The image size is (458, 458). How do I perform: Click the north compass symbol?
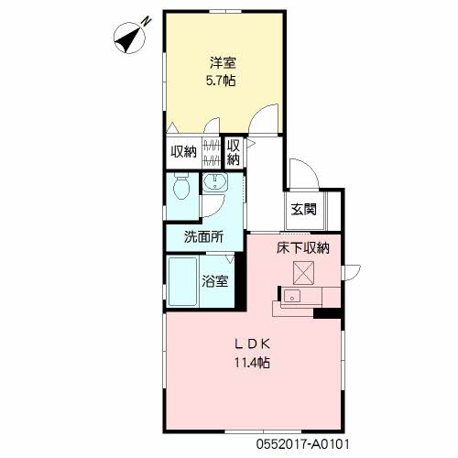[x=131, y=37]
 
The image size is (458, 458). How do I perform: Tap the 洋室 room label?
[x=223, y=63]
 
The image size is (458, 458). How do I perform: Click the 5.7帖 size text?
[x=221, y=81]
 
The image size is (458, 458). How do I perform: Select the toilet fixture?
[x=181, y=187]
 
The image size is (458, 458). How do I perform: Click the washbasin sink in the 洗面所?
[x=215, y=181]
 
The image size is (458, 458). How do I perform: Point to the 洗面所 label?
[x=203, y=237]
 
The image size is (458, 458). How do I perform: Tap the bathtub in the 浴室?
[x=182, y=281]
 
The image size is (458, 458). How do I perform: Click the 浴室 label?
[x=215, y=281]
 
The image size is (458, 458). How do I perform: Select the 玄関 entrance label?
[x=303, y=210]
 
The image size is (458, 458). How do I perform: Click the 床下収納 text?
[x=303, y=248]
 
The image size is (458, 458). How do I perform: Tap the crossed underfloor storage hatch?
[x=303, y=273]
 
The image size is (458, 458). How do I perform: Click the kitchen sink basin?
[x=292, y=296]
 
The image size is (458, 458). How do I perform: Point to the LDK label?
[x=253, y=344]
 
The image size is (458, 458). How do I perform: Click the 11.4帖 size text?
[x=252, y=363]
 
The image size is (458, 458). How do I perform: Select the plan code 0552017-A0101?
[x=303, y=444]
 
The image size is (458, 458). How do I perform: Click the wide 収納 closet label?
[x=183, y=151]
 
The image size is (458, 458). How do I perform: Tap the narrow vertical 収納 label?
[x=234, y=153]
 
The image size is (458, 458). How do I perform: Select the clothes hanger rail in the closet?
[x=212, y=152]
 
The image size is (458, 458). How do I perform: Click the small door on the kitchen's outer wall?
[x=352, y=273]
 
